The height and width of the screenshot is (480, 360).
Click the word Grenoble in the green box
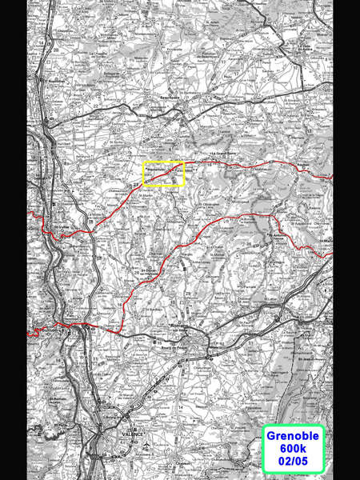click(x=292, y=436)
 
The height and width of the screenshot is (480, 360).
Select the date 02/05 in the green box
click(x=292, y=462)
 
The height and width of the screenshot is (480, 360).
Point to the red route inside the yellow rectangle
click(x=163, y=173)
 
